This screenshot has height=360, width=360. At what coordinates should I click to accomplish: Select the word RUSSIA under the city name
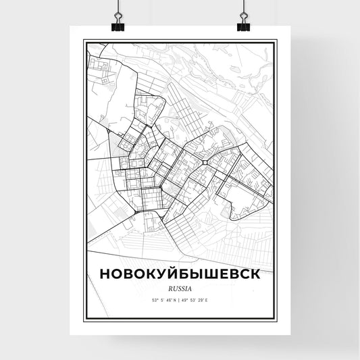pyautogui.click(x=179, y=286)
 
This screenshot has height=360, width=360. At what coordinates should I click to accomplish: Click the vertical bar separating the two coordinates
pyautogui.click(x=180, y=299)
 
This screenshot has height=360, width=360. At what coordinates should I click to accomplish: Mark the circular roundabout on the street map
pyautogui.click(x=203, y=162)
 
